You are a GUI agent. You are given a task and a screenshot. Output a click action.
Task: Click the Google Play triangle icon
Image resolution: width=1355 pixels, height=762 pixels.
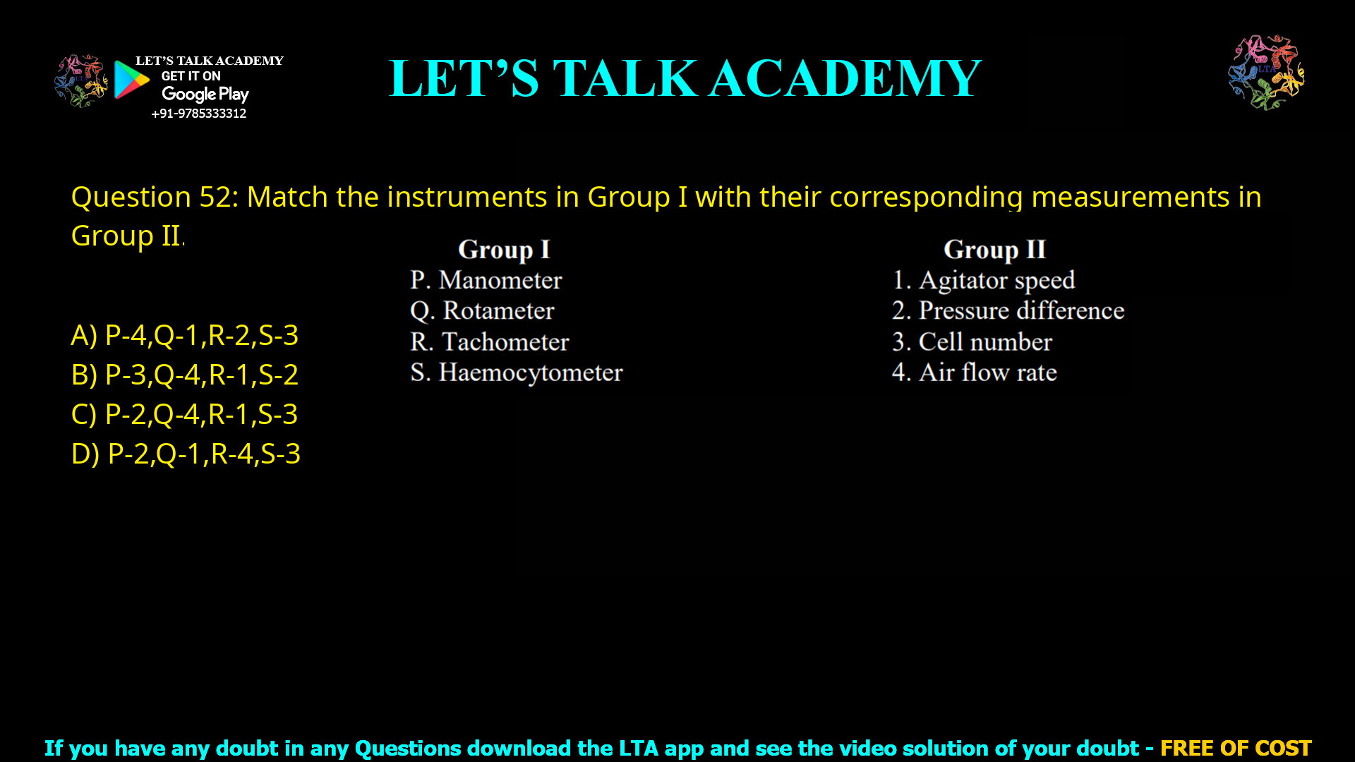coord(131,80)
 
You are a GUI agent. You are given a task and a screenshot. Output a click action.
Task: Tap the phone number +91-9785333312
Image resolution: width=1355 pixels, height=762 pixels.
coord(199,114)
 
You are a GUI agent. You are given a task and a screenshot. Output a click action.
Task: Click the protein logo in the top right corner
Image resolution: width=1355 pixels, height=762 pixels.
coord(1266,72)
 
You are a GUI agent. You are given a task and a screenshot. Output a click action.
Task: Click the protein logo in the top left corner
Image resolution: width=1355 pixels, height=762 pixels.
coord(80,80)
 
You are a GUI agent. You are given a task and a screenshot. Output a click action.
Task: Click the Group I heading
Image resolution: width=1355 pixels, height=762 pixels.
coord(503,250)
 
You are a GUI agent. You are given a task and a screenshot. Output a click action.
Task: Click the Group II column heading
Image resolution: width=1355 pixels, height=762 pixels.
coord(994,250)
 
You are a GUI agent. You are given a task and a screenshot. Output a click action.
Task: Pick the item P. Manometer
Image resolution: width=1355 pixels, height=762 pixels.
coord(486,281)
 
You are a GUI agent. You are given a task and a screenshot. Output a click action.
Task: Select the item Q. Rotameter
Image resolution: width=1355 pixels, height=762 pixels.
coord(482,311)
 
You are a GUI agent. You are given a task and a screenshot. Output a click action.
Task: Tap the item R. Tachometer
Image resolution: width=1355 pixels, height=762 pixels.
coord(489,342)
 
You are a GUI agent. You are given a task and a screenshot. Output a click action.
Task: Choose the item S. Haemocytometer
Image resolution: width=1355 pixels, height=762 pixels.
coord(516,373)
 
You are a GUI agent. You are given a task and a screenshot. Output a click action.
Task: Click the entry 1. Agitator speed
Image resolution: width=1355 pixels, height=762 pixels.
coord(983,281)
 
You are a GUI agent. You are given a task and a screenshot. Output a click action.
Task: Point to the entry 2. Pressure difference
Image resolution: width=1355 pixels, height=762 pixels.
coord(1008,311)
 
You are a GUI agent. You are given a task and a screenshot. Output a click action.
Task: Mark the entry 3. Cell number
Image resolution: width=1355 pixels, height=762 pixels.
coord(972,342)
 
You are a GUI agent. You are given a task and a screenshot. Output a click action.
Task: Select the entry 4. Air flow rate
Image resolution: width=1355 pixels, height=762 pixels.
coord(974,373)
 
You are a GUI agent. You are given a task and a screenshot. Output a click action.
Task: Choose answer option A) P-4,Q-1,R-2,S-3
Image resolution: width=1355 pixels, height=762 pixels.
coord(185,335)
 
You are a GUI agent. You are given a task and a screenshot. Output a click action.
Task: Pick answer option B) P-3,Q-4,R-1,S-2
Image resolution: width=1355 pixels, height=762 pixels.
coord(185,375)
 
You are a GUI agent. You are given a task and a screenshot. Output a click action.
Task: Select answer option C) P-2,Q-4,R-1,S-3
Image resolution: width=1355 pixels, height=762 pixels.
coord(185,414)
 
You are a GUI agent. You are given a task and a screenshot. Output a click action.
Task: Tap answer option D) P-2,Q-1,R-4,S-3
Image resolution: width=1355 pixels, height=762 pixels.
coord(186,454)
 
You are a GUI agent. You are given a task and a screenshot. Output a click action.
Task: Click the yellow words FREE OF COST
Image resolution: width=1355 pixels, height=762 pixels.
coord(1235,748)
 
